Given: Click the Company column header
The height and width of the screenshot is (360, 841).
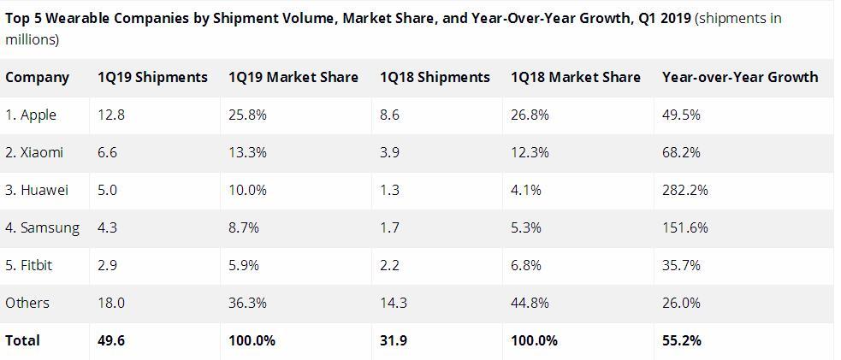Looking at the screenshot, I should pos(37,77).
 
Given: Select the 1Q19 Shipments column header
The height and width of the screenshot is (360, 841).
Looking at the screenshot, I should pos(152,77).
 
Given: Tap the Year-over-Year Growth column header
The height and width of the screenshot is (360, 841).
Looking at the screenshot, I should pos(739,77).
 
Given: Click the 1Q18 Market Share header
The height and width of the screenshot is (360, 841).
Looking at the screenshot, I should pos(575,77).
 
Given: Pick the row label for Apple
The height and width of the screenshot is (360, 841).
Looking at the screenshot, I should pos(31,115).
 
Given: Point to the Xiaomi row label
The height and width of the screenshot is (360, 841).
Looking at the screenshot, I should pos(34,152).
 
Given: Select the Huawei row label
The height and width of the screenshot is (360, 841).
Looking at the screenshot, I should pos(37,190).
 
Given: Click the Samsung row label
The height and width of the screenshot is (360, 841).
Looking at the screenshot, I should pos(42,227).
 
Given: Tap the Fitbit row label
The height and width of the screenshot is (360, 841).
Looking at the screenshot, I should pos(29,265).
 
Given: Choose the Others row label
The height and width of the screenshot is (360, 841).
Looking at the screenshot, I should pos(27,303).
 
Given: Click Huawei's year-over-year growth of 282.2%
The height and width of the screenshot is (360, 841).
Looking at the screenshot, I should pos(684,190).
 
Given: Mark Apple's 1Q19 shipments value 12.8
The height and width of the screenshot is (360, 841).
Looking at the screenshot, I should pos(111,115).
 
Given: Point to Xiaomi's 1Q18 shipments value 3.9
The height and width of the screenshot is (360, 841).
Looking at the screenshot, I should pos(389,152).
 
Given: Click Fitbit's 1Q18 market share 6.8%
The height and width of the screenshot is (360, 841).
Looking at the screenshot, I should pos(525,265).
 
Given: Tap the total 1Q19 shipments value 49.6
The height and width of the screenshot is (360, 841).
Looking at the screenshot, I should pos(111,340).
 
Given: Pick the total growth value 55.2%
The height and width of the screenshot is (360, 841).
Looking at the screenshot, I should pos(681,340).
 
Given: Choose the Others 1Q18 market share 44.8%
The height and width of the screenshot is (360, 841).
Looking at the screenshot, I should pos(530,303).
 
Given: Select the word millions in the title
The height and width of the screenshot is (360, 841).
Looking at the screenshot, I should pos(32,39).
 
